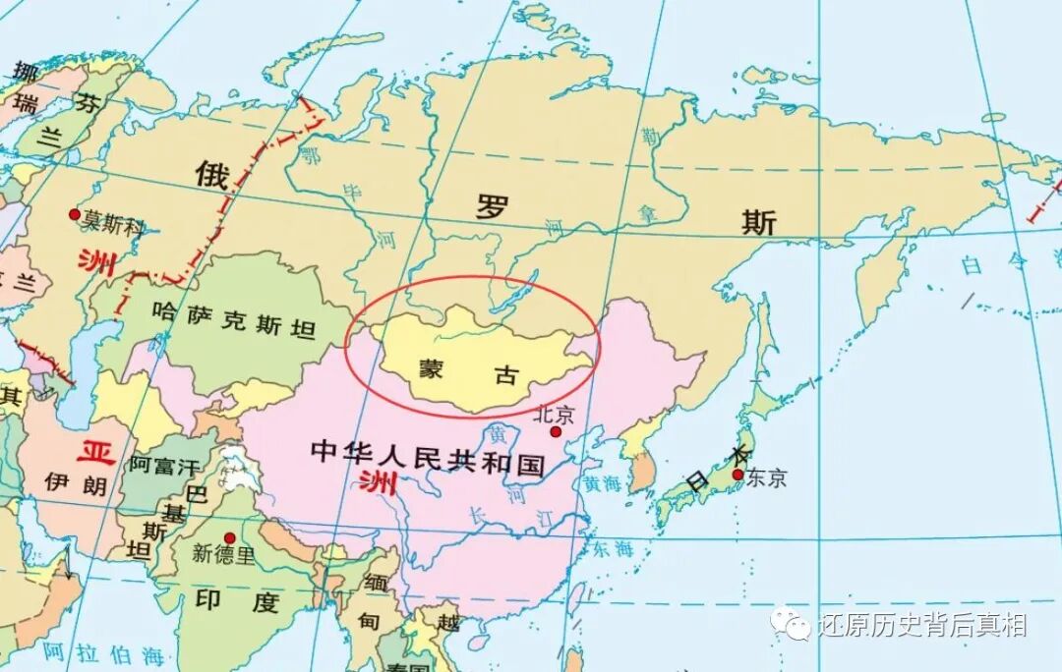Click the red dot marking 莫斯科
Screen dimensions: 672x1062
point(73,213)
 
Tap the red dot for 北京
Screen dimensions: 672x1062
point(556,431)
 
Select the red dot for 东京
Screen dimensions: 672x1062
point(737,475)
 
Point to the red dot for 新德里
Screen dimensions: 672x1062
point(229,537)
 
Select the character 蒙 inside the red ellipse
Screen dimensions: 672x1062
point(429,369)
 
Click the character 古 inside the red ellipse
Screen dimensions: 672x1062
point(507,374)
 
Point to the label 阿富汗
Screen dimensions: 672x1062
point(163,466)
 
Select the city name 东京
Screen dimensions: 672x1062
point(767,478)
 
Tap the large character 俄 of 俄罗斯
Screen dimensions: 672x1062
point(211,176)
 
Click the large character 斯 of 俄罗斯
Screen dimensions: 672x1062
point(758,222)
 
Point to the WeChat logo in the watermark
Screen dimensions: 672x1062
point(791,623)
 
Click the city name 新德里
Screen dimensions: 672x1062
point(223,554)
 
